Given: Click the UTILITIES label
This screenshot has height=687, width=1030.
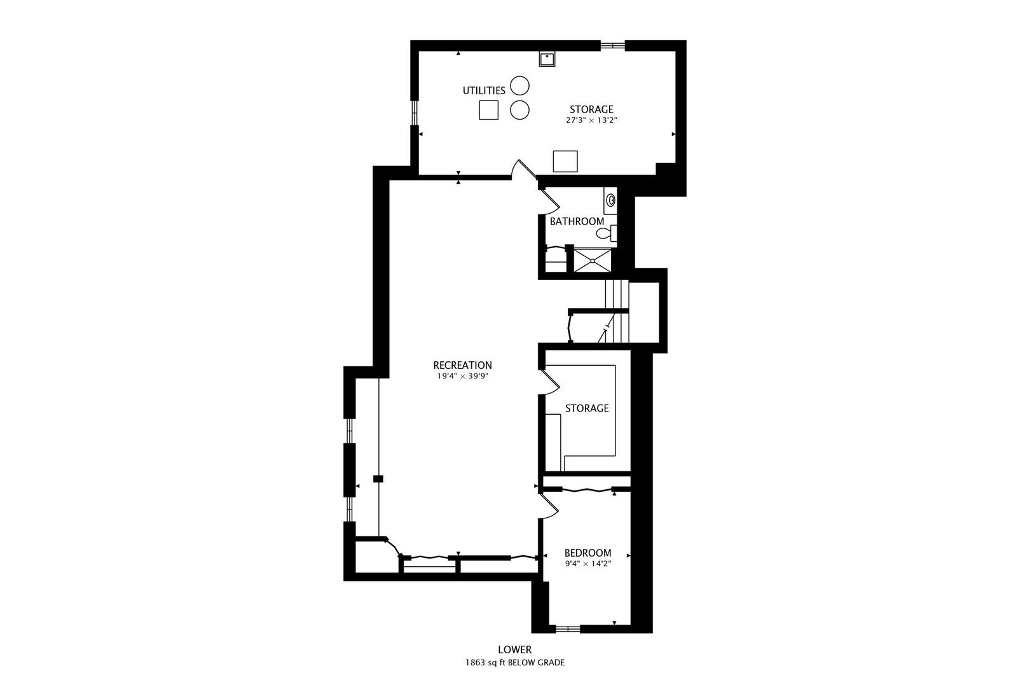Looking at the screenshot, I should pos(483,91).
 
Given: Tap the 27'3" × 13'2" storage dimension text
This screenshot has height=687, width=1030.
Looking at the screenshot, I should pos(591,120).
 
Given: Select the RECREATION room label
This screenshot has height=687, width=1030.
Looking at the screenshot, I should pos(462,365).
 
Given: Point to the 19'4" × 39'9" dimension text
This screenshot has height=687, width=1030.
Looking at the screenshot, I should pos(462,376).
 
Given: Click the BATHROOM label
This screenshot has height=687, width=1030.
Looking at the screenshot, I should pos(577,221).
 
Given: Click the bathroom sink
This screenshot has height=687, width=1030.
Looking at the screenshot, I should pos(611,200).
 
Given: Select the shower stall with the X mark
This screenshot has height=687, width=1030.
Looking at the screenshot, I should pos(593,260).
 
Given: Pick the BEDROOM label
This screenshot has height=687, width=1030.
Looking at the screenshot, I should pos(587,553).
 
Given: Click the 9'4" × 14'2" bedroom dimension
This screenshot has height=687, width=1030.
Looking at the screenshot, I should pos(587,564).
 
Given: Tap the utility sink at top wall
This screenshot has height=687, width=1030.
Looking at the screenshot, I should pos(547,59).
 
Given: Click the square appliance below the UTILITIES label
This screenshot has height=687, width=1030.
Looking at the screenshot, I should pos(488,110).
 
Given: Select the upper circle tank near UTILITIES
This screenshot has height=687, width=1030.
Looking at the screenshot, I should pos(519,85).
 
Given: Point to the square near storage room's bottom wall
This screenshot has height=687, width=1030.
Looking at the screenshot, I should pos(565,161).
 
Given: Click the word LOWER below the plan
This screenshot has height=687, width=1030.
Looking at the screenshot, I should pos(514,649).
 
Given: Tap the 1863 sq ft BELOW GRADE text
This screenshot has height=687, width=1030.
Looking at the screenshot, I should pos(514,662).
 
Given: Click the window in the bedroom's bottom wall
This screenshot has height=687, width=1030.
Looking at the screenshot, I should pos(567,629).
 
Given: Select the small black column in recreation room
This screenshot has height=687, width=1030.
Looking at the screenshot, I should pos(378,478).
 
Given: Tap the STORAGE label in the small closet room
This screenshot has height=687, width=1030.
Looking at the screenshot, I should pos(586,408).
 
